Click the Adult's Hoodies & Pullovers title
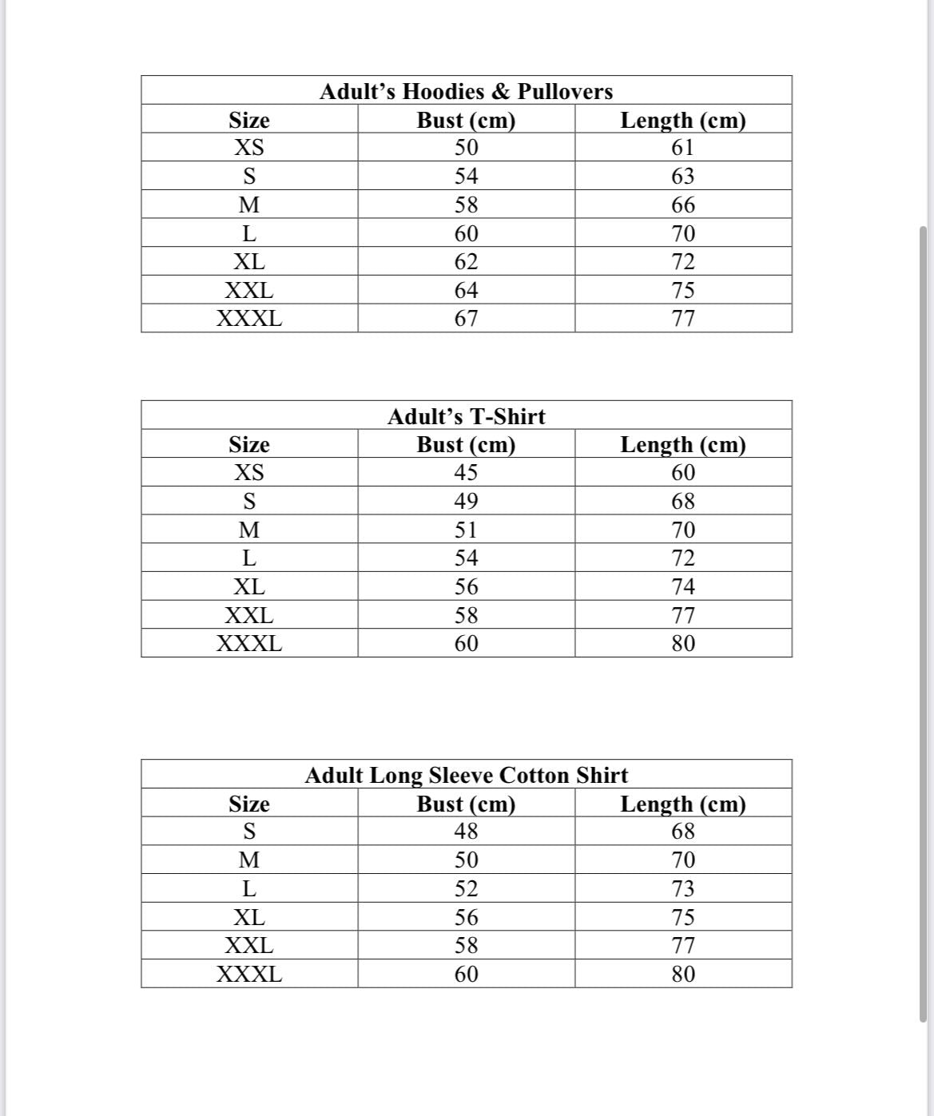466,91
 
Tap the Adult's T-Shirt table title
466,416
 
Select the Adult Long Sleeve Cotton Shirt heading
466,775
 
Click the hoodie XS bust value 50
466,148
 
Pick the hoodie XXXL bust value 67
466,319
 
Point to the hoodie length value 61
683,148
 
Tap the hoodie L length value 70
683,233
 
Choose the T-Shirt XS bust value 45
466,473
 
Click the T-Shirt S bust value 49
466,502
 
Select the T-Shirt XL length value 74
683,587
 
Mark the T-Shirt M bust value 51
466,530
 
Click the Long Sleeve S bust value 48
466,832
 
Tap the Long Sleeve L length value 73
683,888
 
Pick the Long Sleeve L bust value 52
466,888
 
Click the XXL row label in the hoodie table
249,290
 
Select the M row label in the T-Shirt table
249,530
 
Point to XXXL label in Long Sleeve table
249,975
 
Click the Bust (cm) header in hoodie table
466,120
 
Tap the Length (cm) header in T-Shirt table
683,444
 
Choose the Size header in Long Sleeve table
249,804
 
